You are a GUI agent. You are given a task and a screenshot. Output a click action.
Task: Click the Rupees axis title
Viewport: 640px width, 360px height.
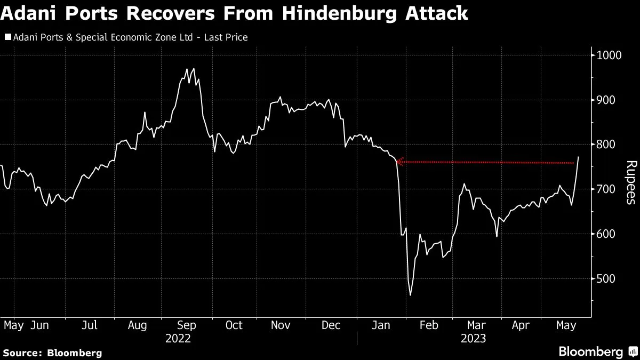tap(630, 182)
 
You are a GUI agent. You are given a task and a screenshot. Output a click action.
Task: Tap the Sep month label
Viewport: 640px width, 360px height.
tap(186, 325)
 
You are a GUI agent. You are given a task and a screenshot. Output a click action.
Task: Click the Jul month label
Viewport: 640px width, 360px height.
tap(89, 325)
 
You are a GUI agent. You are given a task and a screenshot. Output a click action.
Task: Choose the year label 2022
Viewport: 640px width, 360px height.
tap(178, 338)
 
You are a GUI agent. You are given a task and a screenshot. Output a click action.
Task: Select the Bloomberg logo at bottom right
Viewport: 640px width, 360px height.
tap(597, 351)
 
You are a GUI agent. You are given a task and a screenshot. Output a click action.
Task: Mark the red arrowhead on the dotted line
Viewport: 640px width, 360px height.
tap(398, 162)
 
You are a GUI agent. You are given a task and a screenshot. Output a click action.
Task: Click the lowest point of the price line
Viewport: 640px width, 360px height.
tap(410, 295)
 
